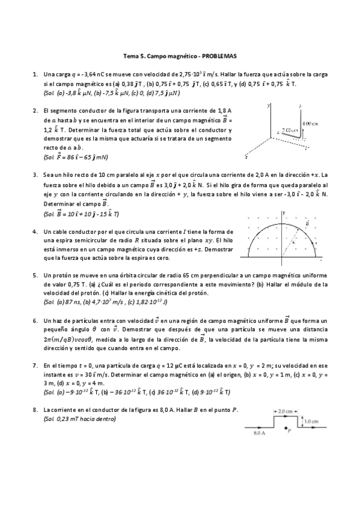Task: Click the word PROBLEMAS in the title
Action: point(219,56)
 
